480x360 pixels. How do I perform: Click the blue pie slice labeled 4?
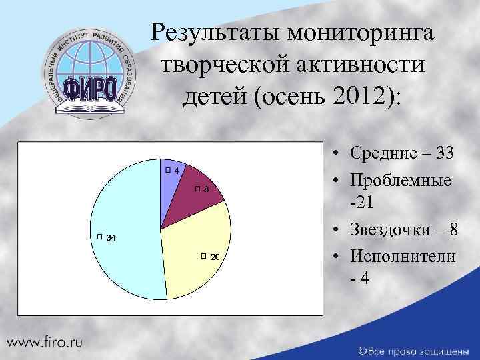[x=171, y=187]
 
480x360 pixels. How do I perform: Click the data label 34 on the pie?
[x=111, y=239]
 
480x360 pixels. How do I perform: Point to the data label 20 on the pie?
[x=215, y=257]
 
